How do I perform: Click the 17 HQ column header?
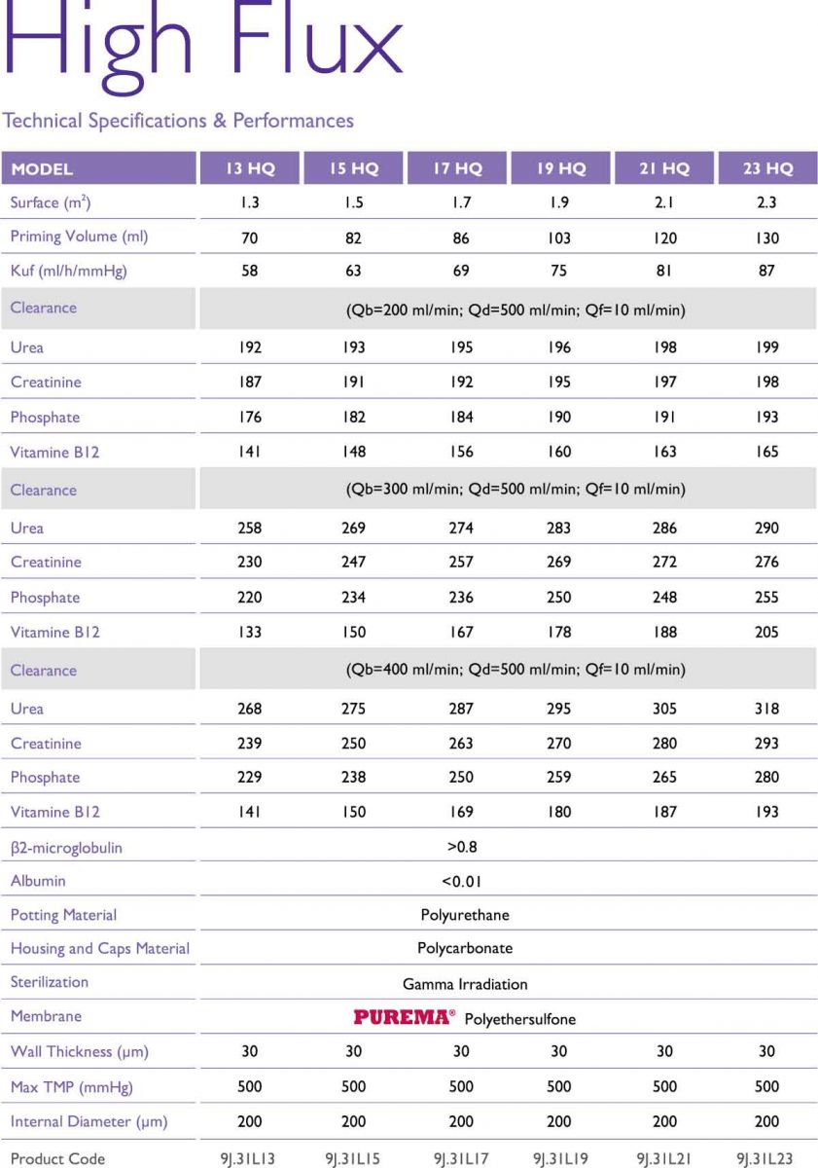coord(457,168)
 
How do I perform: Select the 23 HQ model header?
coord(767,168)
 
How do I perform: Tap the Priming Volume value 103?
coord(559,237)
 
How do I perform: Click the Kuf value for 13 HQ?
coord(250,271)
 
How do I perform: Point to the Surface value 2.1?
coord(664,203)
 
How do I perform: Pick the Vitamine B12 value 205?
coord(766,632)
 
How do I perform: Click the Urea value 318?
coord(766,709)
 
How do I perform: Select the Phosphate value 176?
coord(250,417)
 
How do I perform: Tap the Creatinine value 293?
coord(766,743)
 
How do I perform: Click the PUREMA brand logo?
coord(404,1017)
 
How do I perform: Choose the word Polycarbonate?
coord(465,948)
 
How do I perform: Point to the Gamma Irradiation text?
coord(465,984)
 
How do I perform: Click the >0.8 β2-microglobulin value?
coord(462,847)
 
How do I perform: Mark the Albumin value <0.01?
coord(462,882)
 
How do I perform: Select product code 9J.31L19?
coord(559,1158)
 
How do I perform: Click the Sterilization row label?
coord(50,982)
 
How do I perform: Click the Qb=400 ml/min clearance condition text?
coord(516,670)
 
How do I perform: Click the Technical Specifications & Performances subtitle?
coord(178,121)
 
